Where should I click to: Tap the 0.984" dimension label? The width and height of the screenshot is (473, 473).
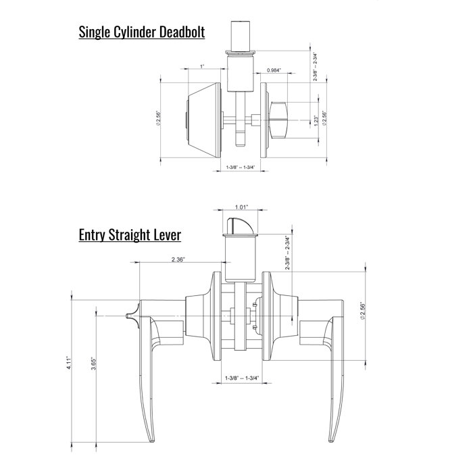(x=274, y=71)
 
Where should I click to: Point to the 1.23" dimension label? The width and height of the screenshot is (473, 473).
(x=317, y=121)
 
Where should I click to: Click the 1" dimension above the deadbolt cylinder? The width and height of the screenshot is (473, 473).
(x=202, y=66)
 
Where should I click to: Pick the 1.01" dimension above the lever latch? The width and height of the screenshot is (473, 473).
(x=242, y=207)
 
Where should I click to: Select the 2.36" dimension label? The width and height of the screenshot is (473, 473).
(x=178, y=258)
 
